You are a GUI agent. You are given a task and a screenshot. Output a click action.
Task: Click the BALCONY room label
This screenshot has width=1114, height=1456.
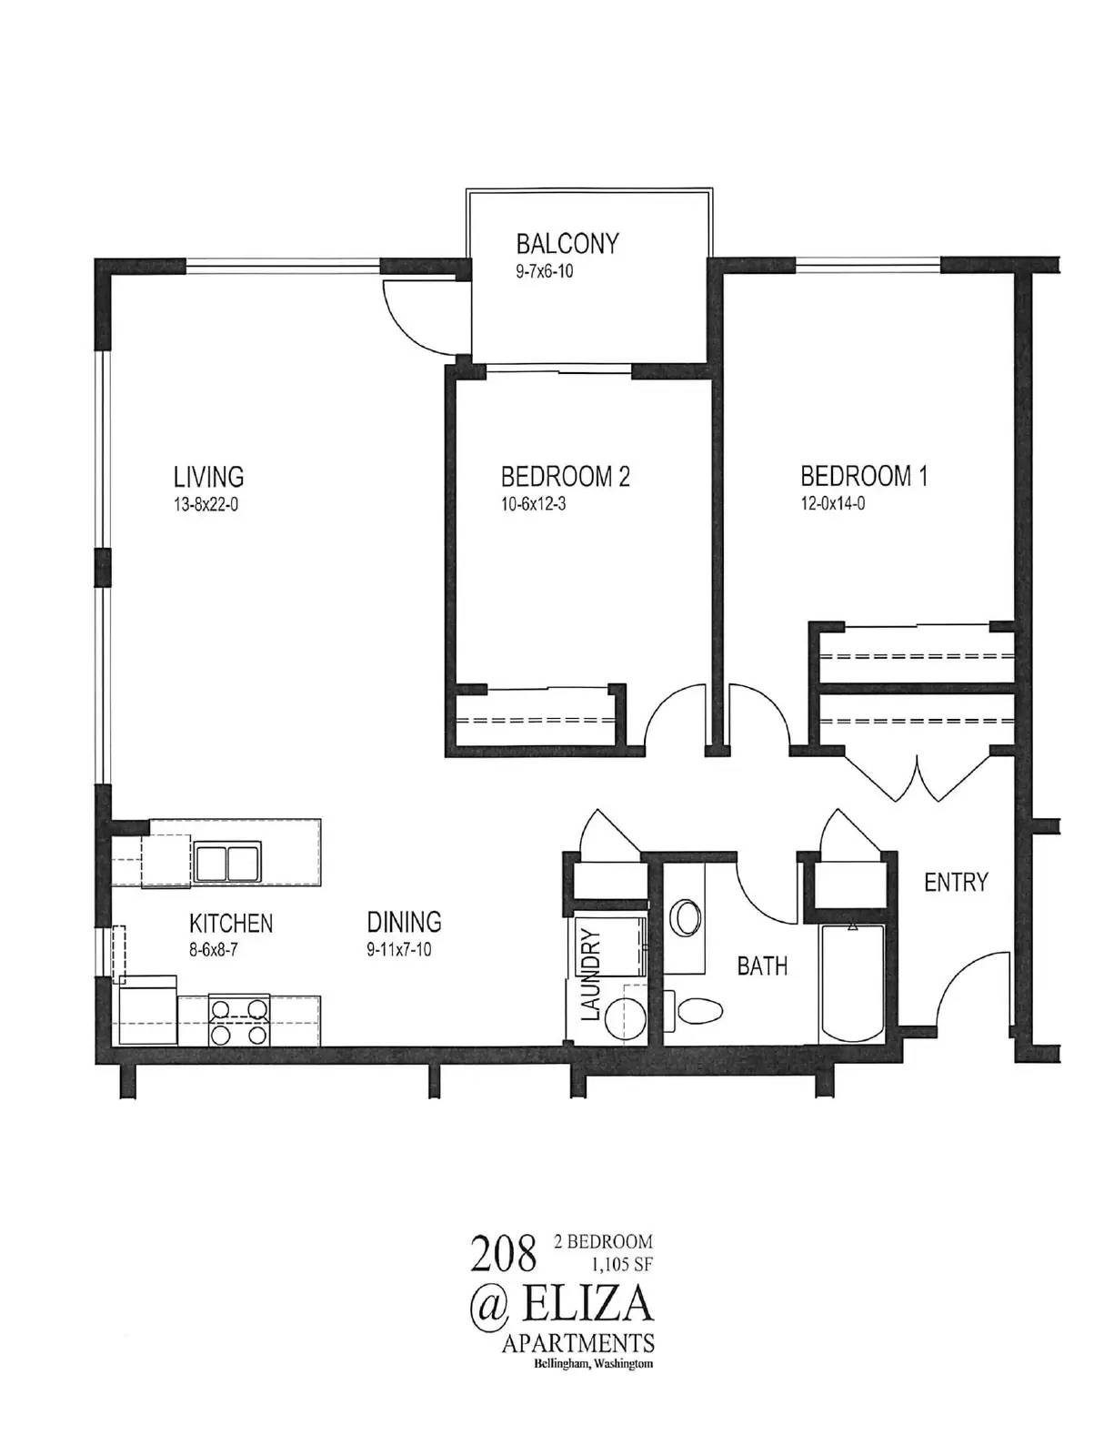[567, 243]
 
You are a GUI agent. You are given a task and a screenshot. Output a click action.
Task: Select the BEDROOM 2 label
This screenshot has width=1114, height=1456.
[566, 477]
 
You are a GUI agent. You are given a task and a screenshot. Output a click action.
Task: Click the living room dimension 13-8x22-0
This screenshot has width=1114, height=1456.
[206, 504]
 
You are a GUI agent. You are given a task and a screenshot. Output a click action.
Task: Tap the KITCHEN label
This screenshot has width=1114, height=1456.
[231, 924]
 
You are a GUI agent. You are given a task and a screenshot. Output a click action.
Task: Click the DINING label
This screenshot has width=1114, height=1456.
[405, 922]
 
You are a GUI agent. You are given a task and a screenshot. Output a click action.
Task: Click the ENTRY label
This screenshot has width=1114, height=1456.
[956, 883]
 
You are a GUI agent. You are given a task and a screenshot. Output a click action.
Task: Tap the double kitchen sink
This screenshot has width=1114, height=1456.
[227, 860]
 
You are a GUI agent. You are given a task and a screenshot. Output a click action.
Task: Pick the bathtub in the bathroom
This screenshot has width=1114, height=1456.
[852, 983]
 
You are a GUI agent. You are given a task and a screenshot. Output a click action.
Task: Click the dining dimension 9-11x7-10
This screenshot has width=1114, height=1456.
[399, 949]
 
